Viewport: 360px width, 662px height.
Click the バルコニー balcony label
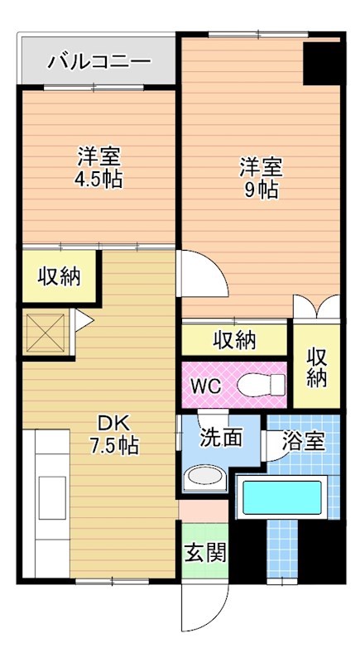98,61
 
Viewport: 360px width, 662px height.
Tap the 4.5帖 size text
100,180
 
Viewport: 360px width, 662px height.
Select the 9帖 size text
261,189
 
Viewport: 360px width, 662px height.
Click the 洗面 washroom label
221,436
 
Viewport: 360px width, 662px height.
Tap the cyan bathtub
285,499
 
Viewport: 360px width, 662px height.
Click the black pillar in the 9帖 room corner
321,62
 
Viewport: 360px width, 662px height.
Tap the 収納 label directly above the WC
234,339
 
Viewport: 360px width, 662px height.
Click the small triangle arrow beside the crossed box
84,319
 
